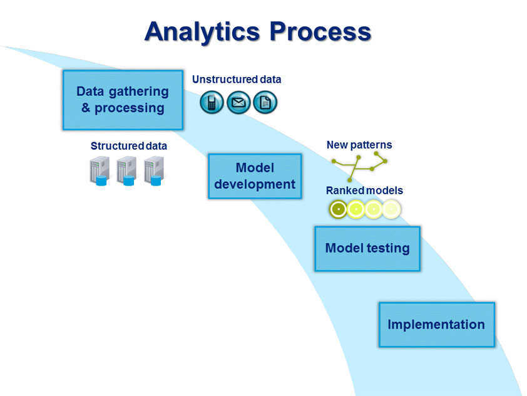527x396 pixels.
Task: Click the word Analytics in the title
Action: [x=202, y=32]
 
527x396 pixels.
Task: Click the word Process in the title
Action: [x=320, y=31]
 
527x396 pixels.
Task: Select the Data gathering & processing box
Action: [x=123, y=100]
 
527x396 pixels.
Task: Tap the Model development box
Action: [x=255, y=176]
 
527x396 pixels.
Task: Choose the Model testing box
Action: [x=367, y=249]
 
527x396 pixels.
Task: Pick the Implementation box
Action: [x=437, y=325]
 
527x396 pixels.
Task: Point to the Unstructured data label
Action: [x=237, y=80]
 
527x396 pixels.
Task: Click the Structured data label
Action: [x=129, y=146]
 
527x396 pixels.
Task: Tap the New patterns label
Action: [x=359, y=145]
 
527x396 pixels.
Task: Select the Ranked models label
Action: [x=364, y=190]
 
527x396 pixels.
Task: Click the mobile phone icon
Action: [x=212, y=102]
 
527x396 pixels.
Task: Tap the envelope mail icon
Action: [x=238, y=102]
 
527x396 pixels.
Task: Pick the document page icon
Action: [x=265, y=102]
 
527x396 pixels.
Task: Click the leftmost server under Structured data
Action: [x=100, y=171]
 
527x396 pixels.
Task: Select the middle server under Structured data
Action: [x=126, y=171]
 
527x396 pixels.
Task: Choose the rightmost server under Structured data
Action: [x=154, y=171]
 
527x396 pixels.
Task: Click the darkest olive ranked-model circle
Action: [x=338, y=209]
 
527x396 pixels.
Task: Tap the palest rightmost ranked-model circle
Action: [x=391, y=209]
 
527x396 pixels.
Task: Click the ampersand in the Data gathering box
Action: [x=86, y=108]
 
